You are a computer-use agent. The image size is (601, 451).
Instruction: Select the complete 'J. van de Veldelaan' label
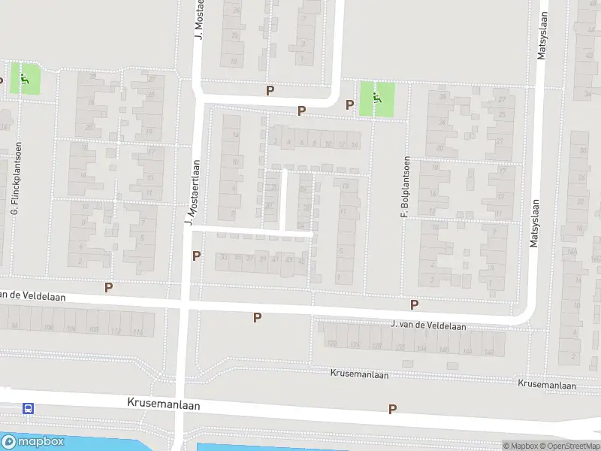[x=428, y=325]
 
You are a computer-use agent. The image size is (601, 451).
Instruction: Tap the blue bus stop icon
[x=28, y=409]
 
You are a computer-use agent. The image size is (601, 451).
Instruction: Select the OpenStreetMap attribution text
[x=571, y=446]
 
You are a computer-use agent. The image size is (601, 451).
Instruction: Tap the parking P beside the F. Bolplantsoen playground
[x=349, y=105]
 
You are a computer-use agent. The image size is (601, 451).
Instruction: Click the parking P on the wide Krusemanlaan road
[x=392, y=409]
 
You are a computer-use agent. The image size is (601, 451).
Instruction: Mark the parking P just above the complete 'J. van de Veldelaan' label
[x=414, y=304]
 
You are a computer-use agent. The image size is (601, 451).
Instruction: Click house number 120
[x=332, y=344]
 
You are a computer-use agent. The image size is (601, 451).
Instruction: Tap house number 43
[x=289, y=260]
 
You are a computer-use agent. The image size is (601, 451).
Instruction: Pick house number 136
[x=422, y=349]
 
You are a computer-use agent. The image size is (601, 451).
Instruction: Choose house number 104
[x=49, y=328]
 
